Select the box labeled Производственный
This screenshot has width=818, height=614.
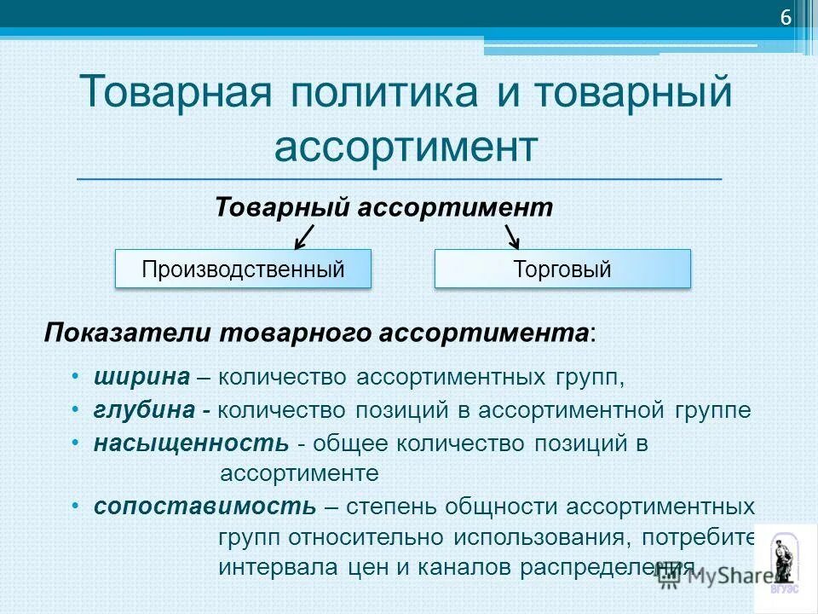[243, 269]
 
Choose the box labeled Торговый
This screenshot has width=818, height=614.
[562, 269]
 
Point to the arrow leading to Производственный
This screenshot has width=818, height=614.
[304, 235]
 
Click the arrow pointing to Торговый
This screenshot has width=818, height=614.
[512, 235]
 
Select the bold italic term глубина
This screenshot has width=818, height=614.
[144, 409]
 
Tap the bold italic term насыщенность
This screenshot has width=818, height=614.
[191, 443]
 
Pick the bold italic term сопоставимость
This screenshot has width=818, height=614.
[204, 507]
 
